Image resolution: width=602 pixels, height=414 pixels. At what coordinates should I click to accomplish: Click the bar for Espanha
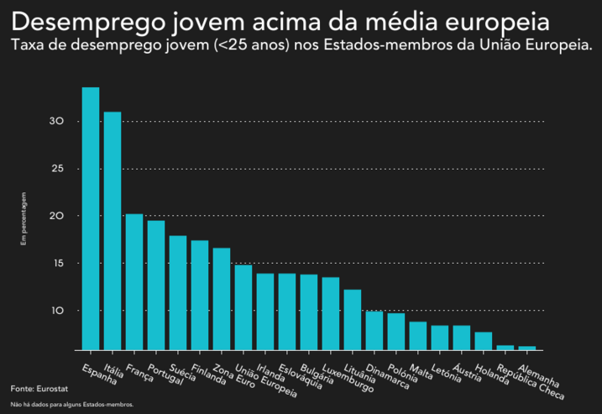click(91, 218)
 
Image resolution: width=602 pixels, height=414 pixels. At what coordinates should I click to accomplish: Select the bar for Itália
click(113, 231)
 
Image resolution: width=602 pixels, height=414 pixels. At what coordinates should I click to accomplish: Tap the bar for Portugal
click(156, 286)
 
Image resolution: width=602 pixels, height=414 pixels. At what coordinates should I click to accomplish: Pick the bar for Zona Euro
click(222, 299)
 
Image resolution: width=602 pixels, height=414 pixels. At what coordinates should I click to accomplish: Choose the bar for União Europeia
click(243, 307)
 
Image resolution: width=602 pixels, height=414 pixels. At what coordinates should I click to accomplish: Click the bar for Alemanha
click(527, 348)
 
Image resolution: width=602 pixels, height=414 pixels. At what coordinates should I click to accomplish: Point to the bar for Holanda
click(484, 341)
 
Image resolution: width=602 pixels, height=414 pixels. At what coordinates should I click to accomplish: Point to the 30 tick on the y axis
click(56, 122)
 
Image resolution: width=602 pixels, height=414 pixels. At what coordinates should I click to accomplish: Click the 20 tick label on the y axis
click(56, 216)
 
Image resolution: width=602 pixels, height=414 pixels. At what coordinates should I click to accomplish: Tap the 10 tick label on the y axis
click(56, 311)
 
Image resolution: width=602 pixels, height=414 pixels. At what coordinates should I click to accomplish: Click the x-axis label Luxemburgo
click(348, 379)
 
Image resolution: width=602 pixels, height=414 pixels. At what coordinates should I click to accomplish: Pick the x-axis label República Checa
click(530, 381)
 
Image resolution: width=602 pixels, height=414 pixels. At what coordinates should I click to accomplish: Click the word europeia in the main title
click(501, 22)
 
